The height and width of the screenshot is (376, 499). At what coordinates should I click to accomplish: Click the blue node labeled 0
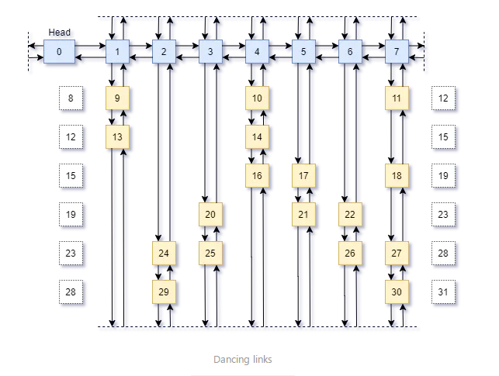59,52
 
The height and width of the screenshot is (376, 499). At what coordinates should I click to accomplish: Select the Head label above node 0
60,32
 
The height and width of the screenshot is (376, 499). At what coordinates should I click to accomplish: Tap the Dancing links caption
243,360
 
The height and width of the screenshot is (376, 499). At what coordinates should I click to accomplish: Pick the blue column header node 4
257,52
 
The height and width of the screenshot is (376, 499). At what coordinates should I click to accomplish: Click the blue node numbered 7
397,52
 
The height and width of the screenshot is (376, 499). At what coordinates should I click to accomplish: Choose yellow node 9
117,98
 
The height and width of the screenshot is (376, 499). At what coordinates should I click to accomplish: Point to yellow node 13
117,136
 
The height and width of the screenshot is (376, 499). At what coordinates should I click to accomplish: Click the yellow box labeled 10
257,98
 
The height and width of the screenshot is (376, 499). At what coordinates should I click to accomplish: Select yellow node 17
303,176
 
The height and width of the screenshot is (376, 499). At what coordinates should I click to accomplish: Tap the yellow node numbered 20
210,214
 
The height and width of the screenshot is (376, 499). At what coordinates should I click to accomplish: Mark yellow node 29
164,291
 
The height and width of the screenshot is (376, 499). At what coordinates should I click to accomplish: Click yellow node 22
350,214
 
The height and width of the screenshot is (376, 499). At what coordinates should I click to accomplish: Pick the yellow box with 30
397,291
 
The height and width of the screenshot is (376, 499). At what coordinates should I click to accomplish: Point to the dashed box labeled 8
71,98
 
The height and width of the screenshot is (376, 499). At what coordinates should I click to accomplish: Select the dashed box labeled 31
443,291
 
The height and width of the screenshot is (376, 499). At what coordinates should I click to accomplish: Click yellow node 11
397,98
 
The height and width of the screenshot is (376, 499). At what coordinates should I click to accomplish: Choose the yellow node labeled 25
210,253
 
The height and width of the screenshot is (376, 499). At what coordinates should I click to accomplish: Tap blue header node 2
164,52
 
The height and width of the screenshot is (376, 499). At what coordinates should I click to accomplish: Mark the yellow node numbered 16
257,176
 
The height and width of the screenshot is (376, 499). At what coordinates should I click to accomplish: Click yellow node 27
397,253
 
